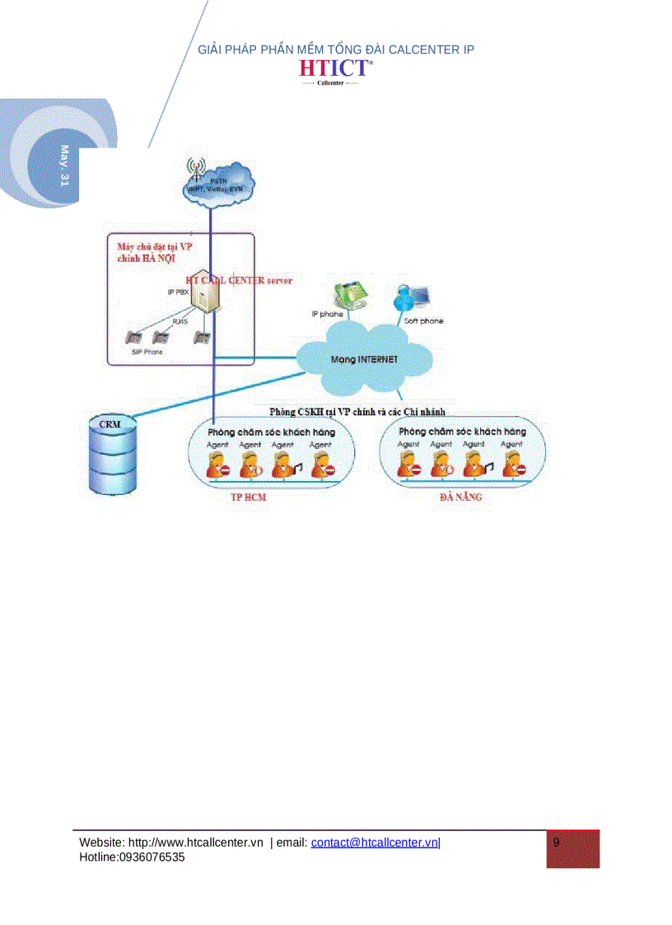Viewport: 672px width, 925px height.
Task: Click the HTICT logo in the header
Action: pos(335,69)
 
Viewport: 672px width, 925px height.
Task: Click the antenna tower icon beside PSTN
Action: pos(195,171)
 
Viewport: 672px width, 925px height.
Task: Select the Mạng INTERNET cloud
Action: pos(364,359)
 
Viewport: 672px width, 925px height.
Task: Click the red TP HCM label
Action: pos(248,498)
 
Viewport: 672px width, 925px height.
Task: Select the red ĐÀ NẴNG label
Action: pos(460,498)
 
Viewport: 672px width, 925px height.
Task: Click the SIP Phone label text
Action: pos(147,352)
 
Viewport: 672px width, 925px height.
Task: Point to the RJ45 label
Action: pos(180,321)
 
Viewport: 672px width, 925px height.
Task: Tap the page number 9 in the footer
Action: pos(557,843)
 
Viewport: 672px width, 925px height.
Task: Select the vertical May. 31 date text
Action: pos(64,166)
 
